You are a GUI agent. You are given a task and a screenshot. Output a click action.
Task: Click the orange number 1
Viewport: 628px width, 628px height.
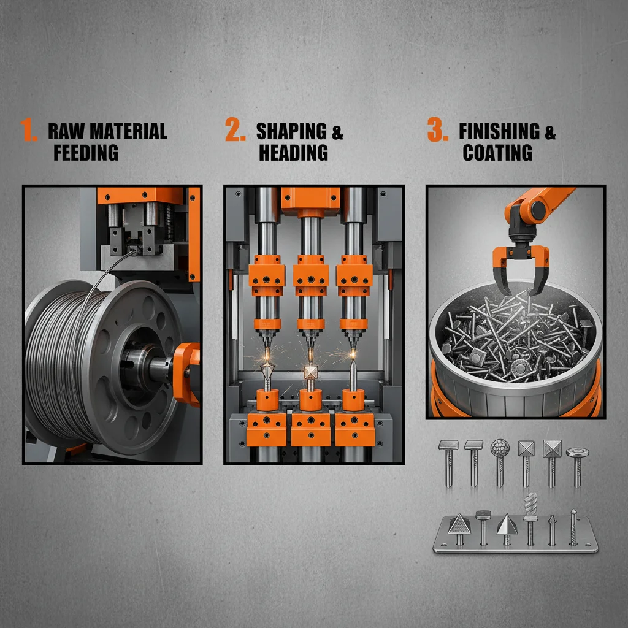coord(28,129)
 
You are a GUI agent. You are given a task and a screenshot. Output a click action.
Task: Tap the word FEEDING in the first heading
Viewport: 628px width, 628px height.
coord(86,153)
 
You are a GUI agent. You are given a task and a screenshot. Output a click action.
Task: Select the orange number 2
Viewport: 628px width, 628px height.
coord(235,129)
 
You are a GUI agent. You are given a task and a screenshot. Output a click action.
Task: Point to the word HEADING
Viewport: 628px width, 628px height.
coord(294,153)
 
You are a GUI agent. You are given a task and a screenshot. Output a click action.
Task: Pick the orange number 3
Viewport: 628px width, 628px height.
coord(438,129)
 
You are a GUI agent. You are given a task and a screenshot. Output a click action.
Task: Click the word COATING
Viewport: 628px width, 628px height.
coord(497,153)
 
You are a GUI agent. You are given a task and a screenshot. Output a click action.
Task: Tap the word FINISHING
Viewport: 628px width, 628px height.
coord(499,131)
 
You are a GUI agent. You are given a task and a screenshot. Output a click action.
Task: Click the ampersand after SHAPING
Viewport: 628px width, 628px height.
coord(338,132)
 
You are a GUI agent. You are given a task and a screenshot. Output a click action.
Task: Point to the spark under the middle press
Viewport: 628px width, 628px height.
coord(310,354)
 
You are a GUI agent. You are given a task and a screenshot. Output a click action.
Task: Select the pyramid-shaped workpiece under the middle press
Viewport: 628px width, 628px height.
coord(310,372)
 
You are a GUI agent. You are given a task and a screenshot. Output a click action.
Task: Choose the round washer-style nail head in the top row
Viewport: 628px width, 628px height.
coord(577,453)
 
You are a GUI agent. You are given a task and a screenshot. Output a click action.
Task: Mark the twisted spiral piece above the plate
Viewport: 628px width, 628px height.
coord(530,504)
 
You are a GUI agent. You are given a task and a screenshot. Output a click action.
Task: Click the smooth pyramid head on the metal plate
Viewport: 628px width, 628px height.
coord(507,525)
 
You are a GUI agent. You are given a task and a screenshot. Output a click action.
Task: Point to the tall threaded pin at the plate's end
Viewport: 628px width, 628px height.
coord(573,527)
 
